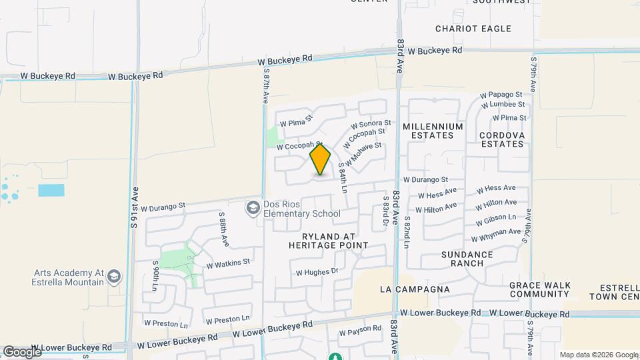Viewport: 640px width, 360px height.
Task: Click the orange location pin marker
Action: (x=320, y=160)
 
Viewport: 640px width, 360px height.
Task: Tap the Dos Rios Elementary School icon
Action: (x=253, y=209)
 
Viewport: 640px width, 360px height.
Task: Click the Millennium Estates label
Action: (x=433, y=131)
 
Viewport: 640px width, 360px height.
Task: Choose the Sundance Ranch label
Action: (x=467, y=259)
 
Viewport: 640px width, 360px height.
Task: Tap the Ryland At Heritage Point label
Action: (x=328, y=241)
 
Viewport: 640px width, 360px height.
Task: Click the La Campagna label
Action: (x=415, y=289)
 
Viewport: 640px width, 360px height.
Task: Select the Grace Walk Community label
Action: (x=540, y=289)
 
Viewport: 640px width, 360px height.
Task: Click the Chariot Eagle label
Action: (x=473, y=29)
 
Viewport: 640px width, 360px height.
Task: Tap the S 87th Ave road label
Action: (x=265, y=84)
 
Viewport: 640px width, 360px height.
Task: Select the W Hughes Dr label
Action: (x=317, y=272)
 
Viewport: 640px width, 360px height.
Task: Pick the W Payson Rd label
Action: (x=360, y=331)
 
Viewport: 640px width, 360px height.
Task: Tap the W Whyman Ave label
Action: (x=495, y=235)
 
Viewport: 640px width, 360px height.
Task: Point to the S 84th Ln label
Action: (x=343, y=177)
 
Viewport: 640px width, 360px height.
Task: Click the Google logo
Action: (x=22, y=351)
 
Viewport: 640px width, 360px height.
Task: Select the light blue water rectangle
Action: (x=51, y=190)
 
